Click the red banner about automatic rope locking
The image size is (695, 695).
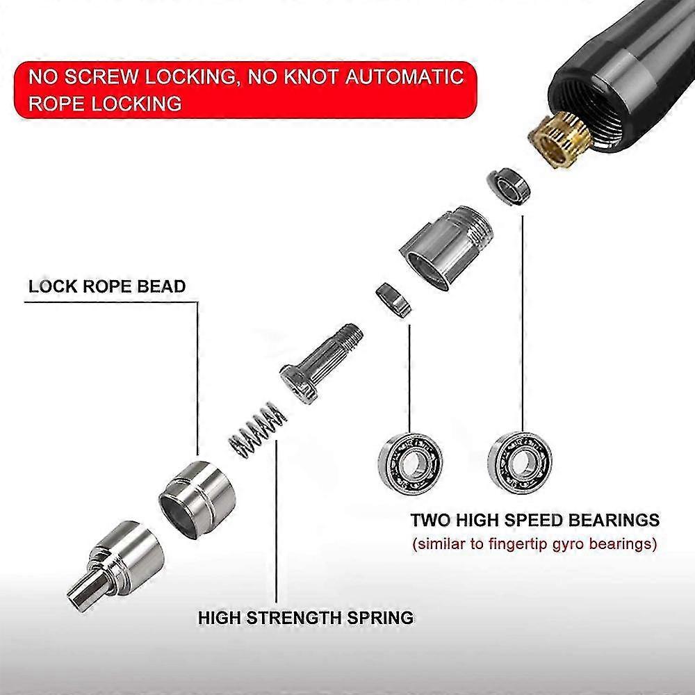coord(245,90)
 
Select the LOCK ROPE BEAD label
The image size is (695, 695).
coord(107,286)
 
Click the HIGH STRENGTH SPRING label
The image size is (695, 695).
coord(306,617)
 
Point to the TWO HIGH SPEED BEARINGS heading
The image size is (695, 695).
coord(535,519)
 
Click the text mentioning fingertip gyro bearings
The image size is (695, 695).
coord(534,543)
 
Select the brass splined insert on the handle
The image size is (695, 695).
coord(559,138)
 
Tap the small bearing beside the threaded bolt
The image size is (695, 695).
coord(393,300)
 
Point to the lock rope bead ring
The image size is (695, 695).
coord(197,498)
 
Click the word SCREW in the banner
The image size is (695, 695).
coord(101,76)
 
